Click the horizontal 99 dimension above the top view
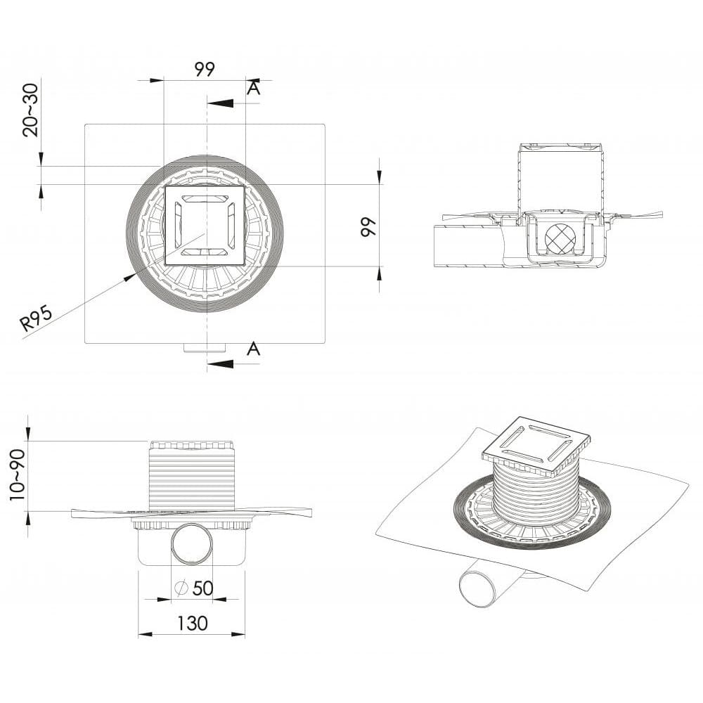(x=205, y=69)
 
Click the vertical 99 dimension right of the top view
(x=368, y=227)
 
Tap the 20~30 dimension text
(x=31, y=110)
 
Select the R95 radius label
(x=37, y=318)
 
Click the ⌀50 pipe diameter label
(x=194, y=588)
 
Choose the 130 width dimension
(x=193, y=623)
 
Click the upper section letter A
(x=254, y=89)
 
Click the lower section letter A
(x=254, y=348)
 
